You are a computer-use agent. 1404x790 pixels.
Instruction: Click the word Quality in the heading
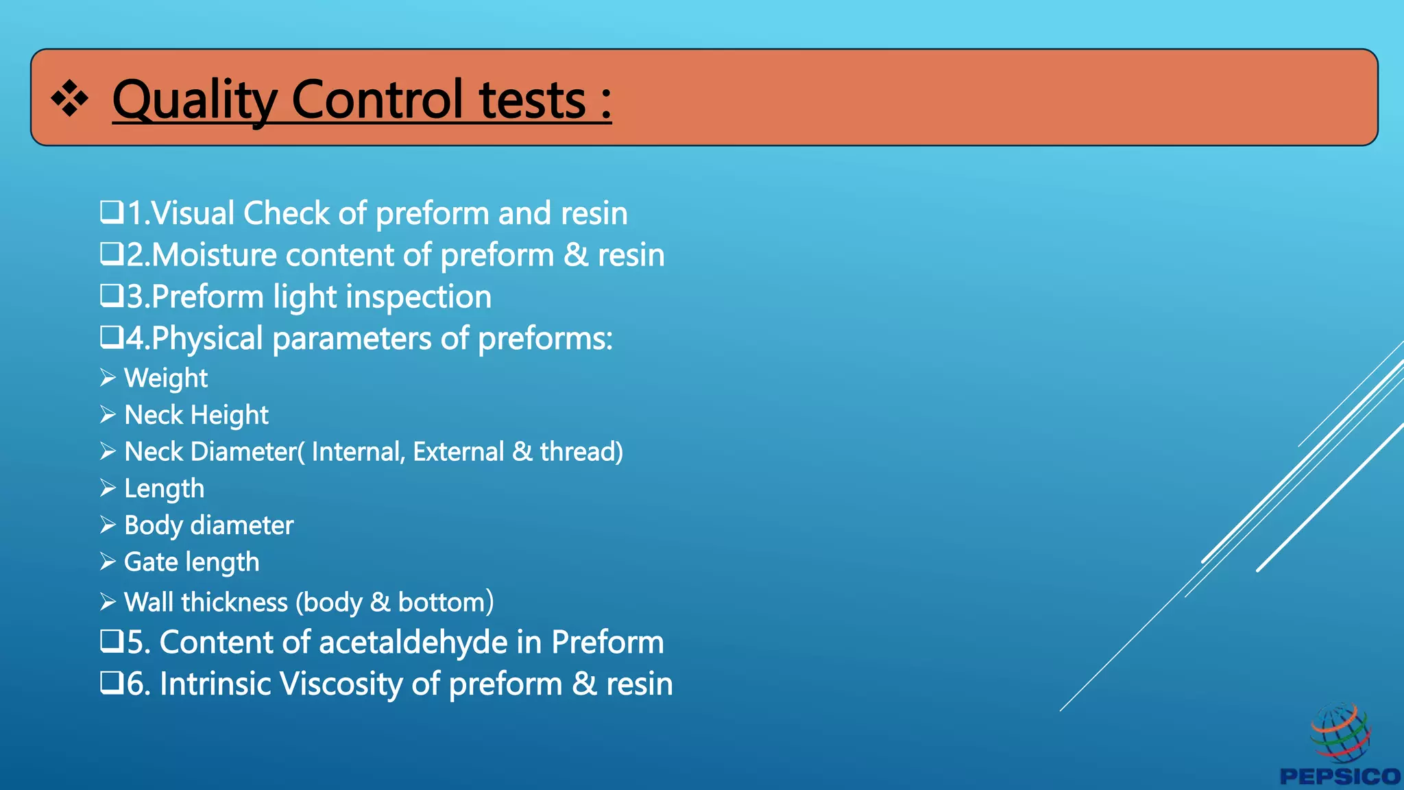[194, 101]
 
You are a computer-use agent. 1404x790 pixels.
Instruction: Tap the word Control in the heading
[378, 99]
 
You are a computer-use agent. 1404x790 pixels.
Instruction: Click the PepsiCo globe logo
[1340, 732]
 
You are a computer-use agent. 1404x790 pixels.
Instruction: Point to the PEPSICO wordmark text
[1340, 776]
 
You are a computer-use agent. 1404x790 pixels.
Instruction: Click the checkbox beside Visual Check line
[112, 212]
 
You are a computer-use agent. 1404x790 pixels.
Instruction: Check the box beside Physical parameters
[112, 337]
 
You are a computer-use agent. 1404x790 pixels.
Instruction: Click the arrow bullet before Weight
[108, 378]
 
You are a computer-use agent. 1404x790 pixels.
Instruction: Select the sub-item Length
[164, 489]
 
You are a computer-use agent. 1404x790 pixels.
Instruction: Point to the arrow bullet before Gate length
[108, 562]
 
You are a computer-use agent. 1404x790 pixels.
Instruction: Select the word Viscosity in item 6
[341, 684]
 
